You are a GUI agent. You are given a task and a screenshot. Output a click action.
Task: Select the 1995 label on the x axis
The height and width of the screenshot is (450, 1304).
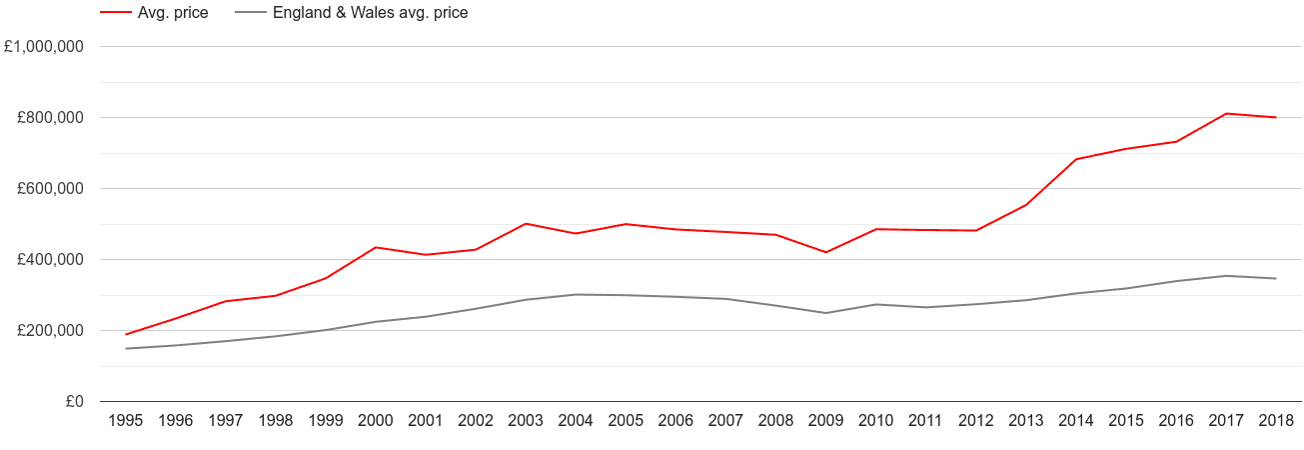coord(125,422)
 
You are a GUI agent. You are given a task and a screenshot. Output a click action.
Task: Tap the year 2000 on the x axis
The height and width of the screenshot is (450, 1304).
coord(376,422)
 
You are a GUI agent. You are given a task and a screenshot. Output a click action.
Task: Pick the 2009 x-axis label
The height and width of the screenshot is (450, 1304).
coord(826,422)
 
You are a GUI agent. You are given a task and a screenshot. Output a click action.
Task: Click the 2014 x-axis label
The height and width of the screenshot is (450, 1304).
coord(1076,422)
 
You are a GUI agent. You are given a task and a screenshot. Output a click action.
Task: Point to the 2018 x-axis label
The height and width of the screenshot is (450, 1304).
coord(1276,422)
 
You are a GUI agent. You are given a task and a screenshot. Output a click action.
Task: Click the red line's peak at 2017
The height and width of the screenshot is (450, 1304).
coord(1226,114)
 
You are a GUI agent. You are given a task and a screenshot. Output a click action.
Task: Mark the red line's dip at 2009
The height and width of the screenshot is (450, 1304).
coord(826,252)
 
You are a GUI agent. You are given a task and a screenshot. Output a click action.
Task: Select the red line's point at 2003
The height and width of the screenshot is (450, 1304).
coord(526,224)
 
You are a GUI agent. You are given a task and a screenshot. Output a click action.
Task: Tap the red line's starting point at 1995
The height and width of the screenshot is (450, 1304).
coord(126,334)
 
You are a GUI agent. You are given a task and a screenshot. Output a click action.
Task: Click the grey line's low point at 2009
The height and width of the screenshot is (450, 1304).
coord(826,313)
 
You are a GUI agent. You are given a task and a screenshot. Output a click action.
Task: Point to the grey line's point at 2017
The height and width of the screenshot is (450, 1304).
coord(1226,276)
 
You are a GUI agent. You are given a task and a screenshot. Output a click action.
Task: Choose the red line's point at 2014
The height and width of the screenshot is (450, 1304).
coord(1076,159)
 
